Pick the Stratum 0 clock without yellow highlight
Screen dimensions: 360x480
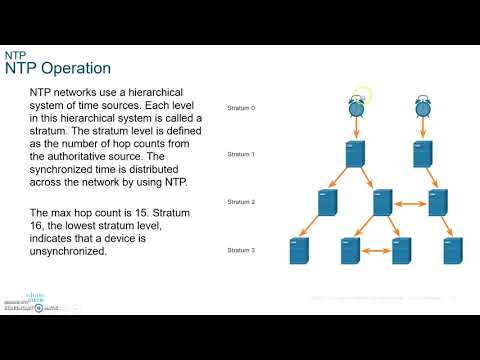pos(423,105)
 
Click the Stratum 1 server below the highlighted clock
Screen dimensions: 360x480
pos(356,154)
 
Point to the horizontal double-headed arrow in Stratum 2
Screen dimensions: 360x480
pos(411,203)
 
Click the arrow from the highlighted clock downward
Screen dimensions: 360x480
pos(357,127)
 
